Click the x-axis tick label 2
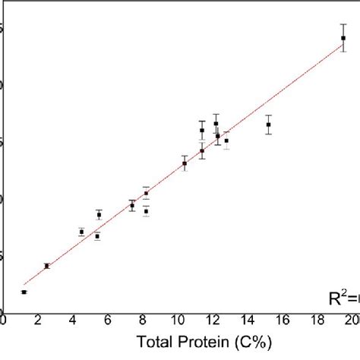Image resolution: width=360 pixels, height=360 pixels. coord(38,322)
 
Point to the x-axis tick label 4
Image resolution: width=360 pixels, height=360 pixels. coord(73,322)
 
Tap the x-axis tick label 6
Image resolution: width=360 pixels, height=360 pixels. coord(108,322)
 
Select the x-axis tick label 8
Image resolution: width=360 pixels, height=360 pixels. coord(143,322)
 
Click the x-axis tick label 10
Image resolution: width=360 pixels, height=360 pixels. coord(178,322)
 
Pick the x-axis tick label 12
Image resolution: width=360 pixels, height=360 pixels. coord(213,322)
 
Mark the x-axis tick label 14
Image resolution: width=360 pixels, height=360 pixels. coord(248,322)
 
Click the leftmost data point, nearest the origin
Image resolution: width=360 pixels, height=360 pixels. coord(24,292)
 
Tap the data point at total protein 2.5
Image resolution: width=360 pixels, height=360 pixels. coord(46,266)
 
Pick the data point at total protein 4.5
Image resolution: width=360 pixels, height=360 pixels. coord(81,232)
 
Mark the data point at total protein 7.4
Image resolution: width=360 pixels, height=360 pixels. coord(132,205)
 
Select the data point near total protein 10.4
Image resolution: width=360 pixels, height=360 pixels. coord(185,163)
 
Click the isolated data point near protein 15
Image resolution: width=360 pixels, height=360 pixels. coord(268,125)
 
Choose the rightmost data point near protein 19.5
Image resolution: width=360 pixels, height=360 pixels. coord(343,38)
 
